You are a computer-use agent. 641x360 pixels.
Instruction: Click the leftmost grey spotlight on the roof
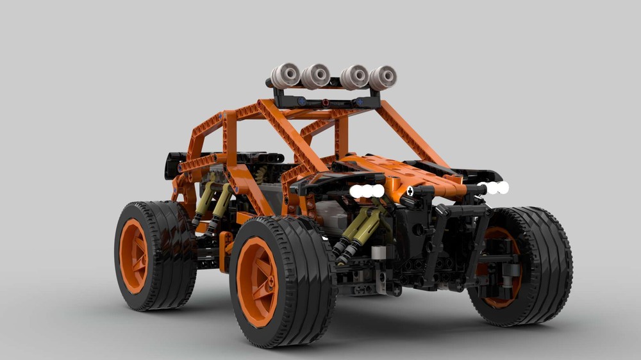[x=285, y=75]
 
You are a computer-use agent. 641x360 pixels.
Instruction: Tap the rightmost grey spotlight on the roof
[x=383, y=78]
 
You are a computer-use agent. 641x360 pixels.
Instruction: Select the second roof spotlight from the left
[x=315, y=76]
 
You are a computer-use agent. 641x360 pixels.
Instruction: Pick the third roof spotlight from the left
[x=354, y=77]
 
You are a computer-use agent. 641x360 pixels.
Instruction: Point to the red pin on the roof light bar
[x=326, y=102]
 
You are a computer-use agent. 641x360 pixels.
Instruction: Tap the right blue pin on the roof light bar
[x=360, y=102]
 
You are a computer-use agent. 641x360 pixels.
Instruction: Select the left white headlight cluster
[x=367, y=191]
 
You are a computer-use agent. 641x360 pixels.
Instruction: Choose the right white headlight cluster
[x=494, y=188]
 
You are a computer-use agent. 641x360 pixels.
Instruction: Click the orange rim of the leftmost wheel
[x=133, y=256]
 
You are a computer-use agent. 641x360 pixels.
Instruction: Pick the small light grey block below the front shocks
[x=378, y=252]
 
